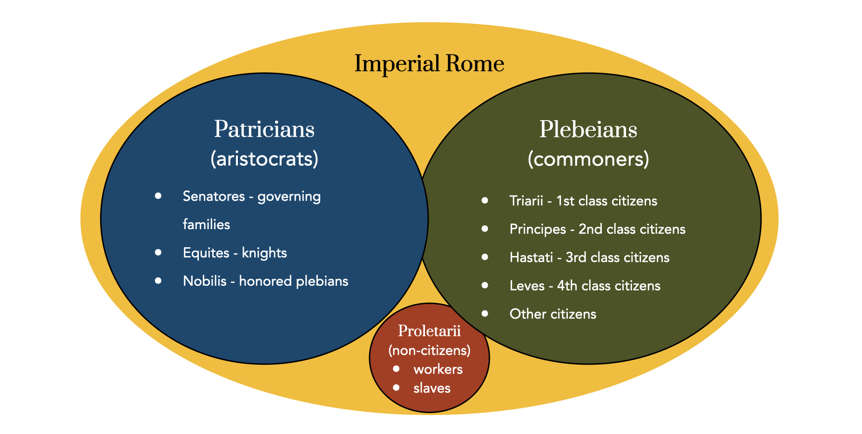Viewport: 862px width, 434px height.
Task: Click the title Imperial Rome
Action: pyautogui.click(x=429, y=63)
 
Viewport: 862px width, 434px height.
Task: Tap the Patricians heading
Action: pyautogui.click(x=264, y=129)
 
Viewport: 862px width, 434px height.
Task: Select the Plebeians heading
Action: pyautogui.click(x=588, y=129)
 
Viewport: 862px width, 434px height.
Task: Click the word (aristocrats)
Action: pyautogui.click(x=264, y=159)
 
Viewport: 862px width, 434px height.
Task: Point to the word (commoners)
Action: pyautogui.click(x=588, y=159)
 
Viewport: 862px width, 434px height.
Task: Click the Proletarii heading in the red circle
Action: pyautogui.click(x=429, y=331)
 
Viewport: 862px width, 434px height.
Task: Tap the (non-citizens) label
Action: pyautogui.click(x=429, y=350)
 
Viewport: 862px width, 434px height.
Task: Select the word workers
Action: pyautogui.click(x=438, y=369)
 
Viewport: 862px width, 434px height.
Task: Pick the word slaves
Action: pyautogui.click(x=431, y=388)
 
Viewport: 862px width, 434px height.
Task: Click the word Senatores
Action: pyautogui.click(x=214, y=196)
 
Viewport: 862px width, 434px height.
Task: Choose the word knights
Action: pyautogui.click(x=264, y=253)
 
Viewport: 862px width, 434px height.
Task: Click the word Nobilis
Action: pyautogui.click(x=205, y=281)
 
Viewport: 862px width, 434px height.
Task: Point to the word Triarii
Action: pyautogui.click(x=526, y=201)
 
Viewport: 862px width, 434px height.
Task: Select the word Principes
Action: pyautogui.click(x=538, y=229)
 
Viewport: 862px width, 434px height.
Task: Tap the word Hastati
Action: pyautogui.click(x=531, y=258)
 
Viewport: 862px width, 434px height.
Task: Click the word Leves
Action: pyautogui.click(x=527, y=285)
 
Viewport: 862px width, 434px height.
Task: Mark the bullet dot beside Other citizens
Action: pyautogui.click(x=485, y=313)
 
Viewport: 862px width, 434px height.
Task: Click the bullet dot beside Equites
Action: pyautogui.click(x=158, y=252)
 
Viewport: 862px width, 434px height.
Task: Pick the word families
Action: pyautogui.click(x=206, y=224)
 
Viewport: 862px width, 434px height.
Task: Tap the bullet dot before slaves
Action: pyautogui.click(x=396, y=387)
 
